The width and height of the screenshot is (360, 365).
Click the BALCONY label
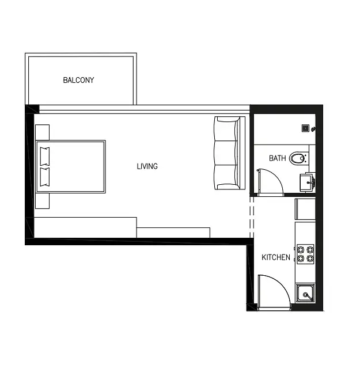[78, 80]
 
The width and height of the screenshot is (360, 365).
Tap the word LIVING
[147, 166]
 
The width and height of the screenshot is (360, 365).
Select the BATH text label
[277, 158]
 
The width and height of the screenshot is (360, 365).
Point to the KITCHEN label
[276, 257]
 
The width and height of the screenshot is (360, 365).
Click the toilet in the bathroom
[297, 158]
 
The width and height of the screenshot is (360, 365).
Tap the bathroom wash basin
[308, 182]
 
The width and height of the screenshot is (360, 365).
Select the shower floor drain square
[305, 128]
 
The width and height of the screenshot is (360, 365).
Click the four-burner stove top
[305, 254]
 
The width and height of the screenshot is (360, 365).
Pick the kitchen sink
[305, 293]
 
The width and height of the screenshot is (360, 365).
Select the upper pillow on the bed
[45, 157]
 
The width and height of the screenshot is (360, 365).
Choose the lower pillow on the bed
[45, 177]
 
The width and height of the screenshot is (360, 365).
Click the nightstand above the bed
[43, 132]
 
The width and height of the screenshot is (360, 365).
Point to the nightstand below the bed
[43, 201]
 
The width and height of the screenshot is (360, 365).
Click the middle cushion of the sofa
[226, 153]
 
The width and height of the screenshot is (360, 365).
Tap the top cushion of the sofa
[226, 129]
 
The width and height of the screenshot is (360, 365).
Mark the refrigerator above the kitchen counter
[305, 209]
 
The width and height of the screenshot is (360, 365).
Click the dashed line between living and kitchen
[252, 217]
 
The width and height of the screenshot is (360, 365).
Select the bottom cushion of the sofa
[226, 177]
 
